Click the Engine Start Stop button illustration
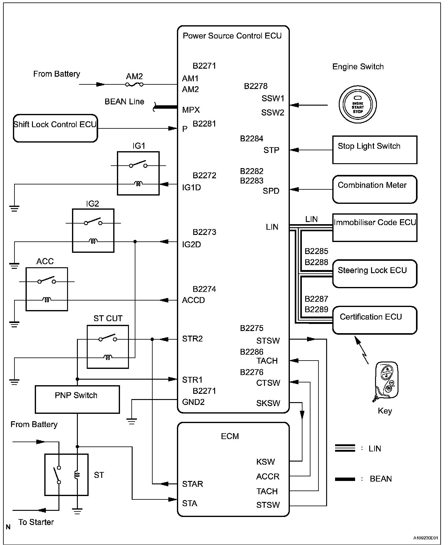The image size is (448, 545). tap(358, 105)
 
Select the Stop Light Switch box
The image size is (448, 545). tap(374, 150)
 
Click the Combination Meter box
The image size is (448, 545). tap(374, 189)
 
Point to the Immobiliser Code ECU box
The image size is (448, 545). tap(374, 228)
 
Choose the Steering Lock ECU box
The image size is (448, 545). tap(374, 274)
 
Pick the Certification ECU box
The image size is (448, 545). tap(374, 320)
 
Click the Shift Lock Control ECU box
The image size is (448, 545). tap(55, 128)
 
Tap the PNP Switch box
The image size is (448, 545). tap(77, 399)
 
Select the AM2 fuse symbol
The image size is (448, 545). tap(134, 84)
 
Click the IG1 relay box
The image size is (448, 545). tap(138, 173)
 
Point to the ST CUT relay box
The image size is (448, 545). tap(108, 347)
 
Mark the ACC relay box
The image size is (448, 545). tap(47, 289)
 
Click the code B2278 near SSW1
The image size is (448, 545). tap(256, 86)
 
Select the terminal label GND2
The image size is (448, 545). tap(193, 402)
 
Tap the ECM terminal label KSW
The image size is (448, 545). tap(265, 462)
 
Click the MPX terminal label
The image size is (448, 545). tap(191, 110)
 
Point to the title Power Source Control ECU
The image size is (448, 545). tap(232, 36)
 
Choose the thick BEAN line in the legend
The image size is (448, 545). tap(345, 479)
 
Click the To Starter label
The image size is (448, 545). tap(36, 522)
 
